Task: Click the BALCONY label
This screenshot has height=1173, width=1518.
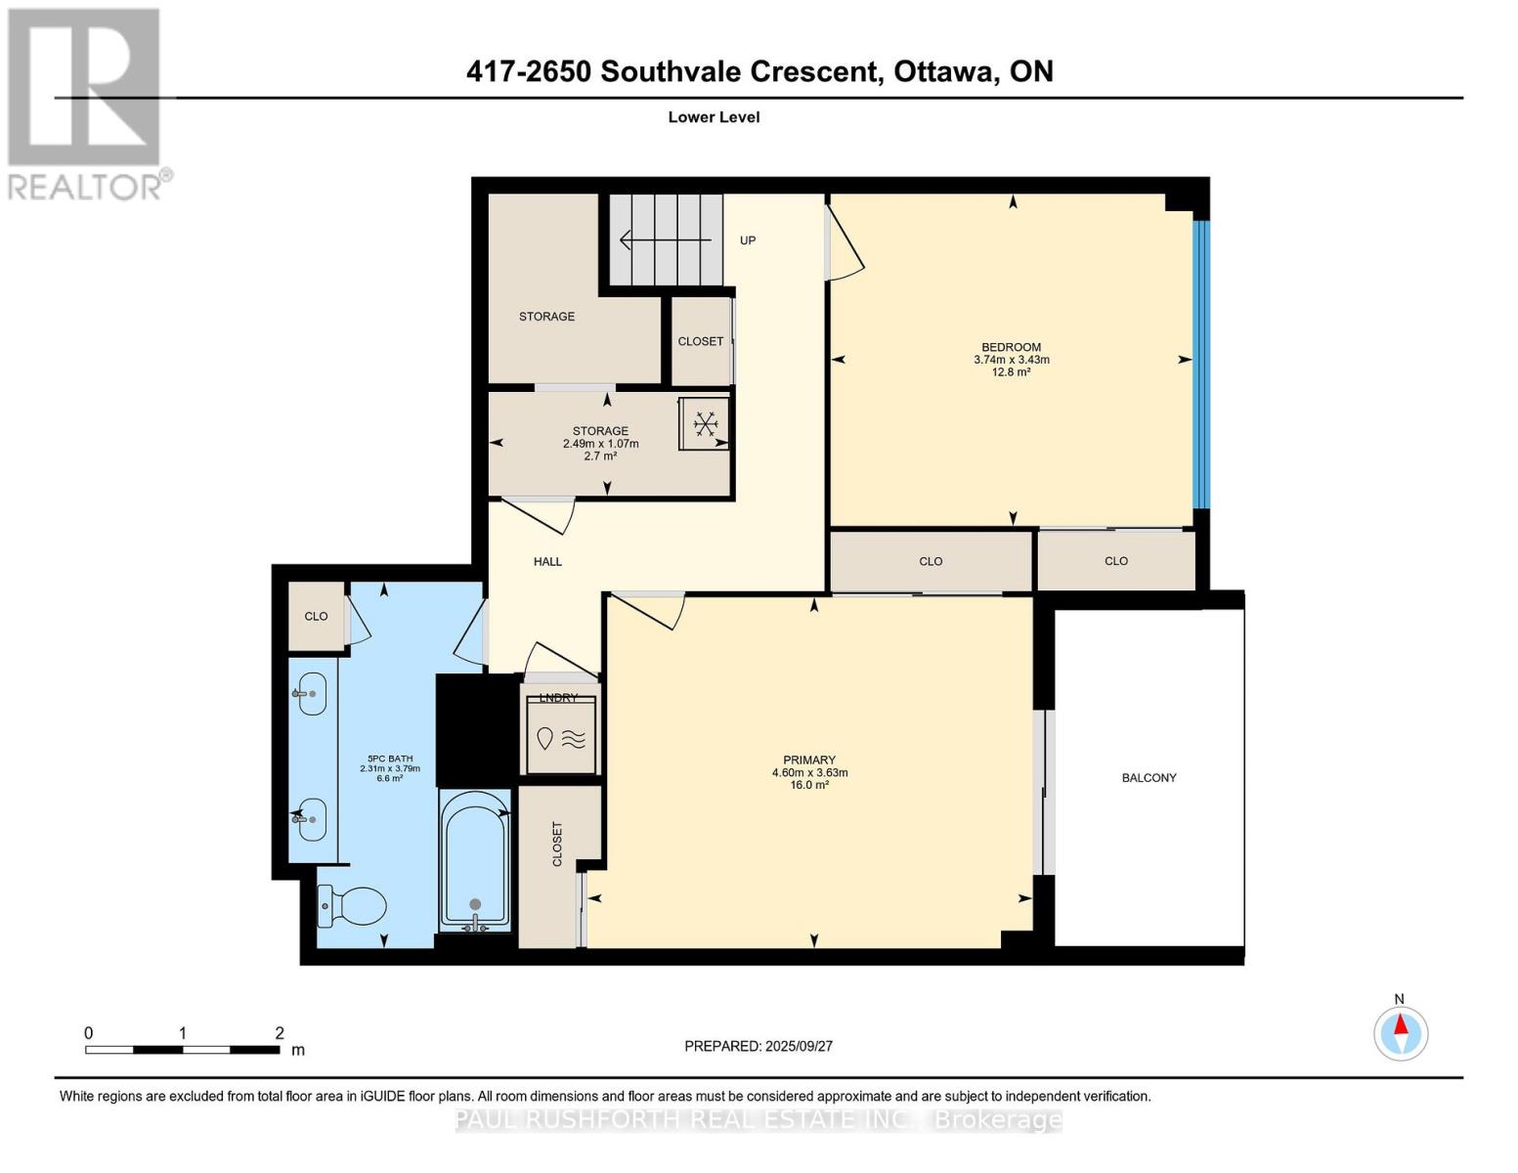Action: tap(1149, 778)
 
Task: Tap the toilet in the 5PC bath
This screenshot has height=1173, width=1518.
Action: tap(352, 905)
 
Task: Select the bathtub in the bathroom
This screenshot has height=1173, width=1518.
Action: tap(475, 858)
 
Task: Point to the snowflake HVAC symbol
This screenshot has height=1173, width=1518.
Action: tap(705, 424)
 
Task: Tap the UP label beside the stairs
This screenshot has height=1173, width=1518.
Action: tap(748, 240)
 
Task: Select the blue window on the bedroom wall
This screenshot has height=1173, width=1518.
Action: tap(1201, 364)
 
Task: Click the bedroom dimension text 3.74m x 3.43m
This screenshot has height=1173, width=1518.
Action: tap(1011, 360)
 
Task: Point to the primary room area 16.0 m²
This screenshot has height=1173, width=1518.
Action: tap(809, 785)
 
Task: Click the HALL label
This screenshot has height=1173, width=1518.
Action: tap(547, 562)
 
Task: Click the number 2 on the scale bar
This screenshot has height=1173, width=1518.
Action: tap(280, 1033)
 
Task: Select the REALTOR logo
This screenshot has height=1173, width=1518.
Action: tap(85, 104)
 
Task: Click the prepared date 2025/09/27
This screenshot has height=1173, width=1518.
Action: tap(797, 1046)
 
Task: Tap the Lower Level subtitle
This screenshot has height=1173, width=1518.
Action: tap(714, 117)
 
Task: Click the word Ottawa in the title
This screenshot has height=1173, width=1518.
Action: tap(939, 71)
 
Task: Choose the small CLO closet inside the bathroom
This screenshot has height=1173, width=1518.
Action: tap(316, 617)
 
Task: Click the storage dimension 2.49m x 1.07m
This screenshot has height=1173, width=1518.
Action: tap(600, 444)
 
